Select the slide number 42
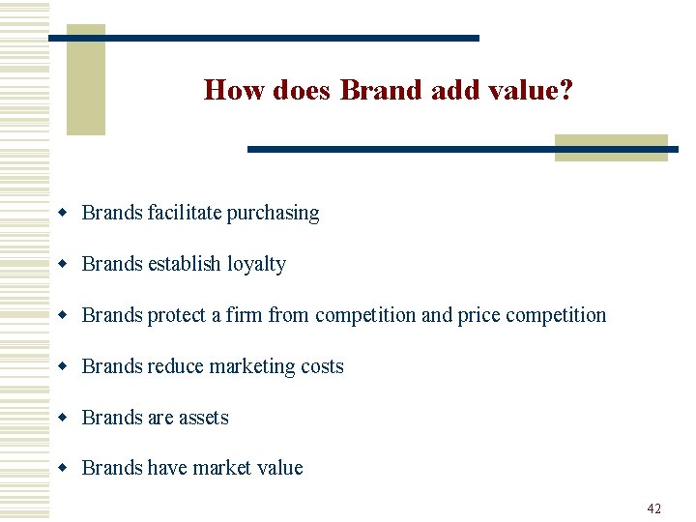click(654, 508)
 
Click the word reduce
click(175, 366)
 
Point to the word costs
click(322, 366)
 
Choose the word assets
click(204, 418)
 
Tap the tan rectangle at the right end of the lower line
click(611, 147)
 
